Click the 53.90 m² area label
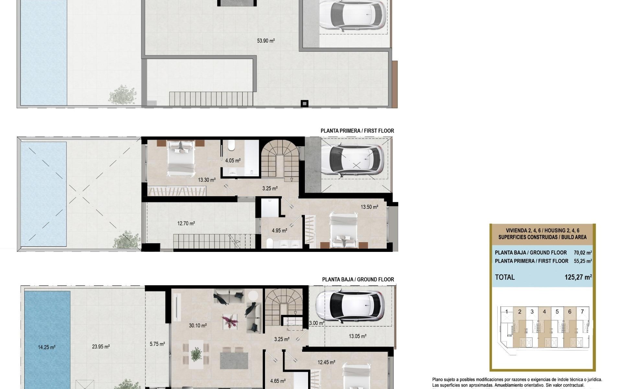tap(266, 41)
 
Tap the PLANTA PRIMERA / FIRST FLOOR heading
tap(357, 131)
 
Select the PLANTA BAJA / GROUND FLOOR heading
tap(358, 279)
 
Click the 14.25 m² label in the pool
tap(47, 347)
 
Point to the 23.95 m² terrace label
tap(101, 347)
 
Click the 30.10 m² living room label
tap(198, 325)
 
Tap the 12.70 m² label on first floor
tap(186, 223)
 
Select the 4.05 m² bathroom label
tap(233, 160)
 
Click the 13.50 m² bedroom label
tap(369, 207)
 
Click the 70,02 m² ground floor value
tap(582, 253)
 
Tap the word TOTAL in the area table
tap(504, 277)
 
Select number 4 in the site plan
tap(544, 312)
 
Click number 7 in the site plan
tap(582, 312)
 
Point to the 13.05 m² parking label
tap(357, 336)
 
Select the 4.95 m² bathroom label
tap(279, 231)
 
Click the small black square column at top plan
tap(305, 103)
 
